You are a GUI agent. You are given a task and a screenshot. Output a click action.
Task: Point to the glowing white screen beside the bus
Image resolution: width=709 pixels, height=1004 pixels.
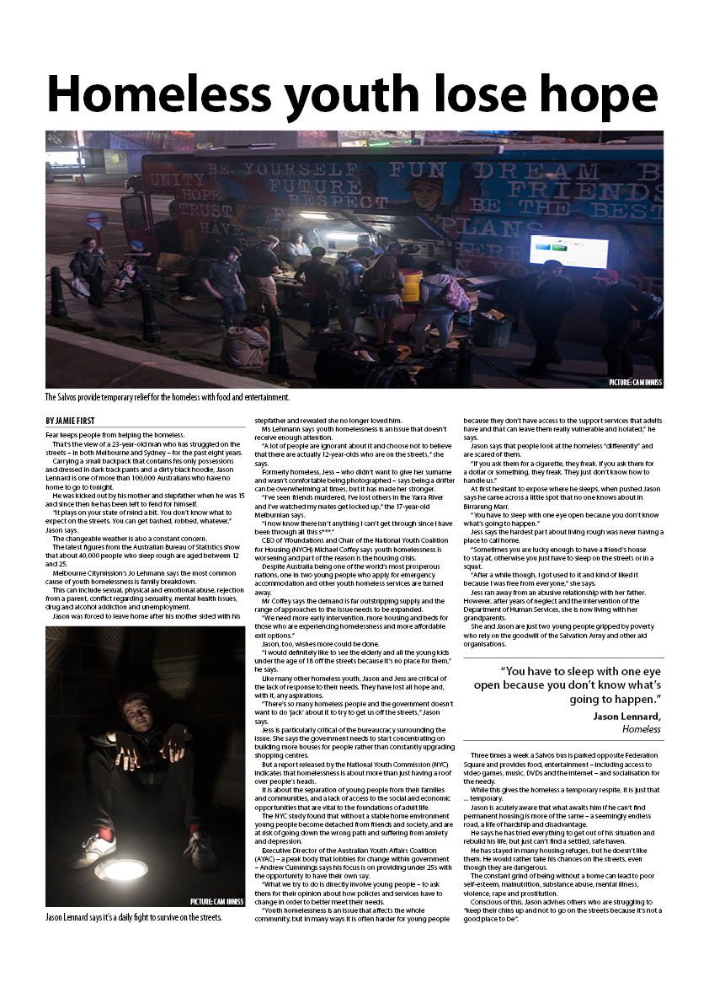[x=568, y=251]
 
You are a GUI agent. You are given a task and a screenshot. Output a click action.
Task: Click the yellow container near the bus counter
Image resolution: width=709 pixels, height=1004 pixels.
[x=410, y=285]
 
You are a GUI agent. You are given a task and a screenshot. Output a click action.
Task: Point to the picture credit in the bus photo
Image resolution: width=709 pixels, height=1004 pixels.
[x=635, y=383]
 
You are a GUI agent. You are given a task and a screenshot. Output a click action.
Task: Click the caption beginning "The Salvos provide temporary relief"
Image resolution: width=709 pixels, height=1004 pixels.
[x=168, y=397]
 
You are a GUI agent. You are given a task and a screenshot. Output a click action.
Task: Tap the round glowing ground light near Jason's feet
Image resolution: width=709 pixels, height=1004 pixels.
[x=120, y=871]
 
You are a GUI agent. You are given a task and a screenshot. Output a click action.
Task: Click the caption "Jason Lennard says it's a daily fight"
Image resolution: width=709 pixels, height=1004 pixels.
[x=134, y=917]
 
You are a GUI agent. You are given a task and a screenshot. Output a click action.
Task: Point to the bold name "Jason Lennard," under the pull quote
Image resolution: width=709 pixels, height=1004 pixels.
[x=626, y=716]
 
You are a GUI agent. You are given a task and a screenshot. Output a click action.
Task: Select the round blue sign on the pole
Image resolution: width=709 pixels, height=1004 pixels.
[x=96, y=221]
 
